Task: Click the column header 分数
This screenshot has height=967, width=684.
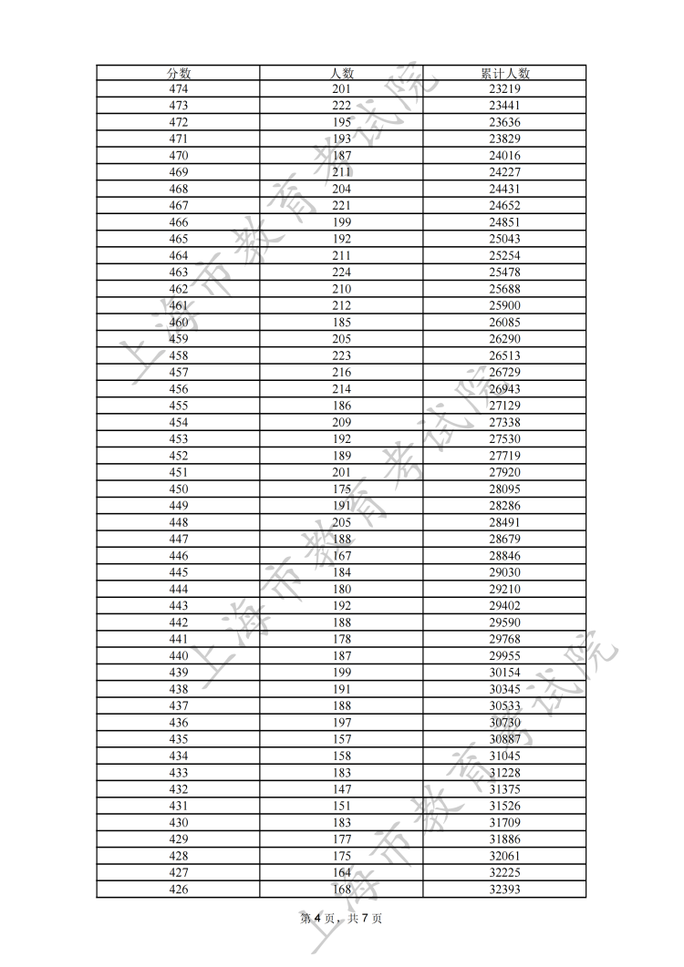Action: click(x=179, y=73)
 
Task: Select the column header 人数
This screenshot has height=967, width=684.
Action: click(x=341, y=73)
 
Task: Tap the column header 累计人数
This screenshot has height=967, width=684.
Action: click(x=504, y=73)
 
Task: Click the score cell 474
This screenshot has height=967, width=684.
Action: click(x=179, y=89)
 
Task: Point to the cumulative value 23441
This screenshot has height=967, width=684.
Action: click(x=504, y=106)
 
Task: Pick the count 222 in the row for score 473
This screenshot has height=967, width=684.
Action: click(x=341, y=106)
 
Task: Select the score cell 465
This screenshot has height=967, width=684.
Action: click(x=179, y=239)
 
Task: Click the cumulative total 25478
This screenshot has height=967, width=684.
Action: click(x=504, y=273)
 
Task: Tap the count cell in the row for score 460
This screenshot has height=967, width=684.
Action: click(x=341, y=323)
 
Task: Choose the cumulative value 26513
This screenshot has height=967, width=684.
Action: click(x=504, y=355)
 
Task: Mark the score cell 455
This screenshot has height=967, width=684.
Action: click(x=179, y=406)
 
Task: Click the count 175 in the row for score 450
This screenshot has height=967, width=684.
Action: click(x=341, y=489)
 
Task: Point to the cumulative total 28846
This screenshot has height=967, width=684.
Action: click(x=504, y=555)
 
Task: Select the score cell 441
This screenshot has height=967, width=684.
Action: click(x=179, y=639)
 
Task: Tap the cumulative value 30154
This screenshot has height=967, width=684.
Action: click(x=504, y=672)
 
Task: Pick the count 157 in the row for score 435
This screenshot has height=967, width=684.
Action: click(x=341, y=738)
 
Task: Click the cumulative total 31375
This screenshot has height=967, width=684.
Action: click(x=504, y=788)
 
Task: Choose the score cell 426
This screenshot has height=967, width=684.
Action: click(x=179, y=889)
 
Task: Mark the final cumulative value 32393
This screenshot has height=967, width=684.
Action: click(x=504, y=889)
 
